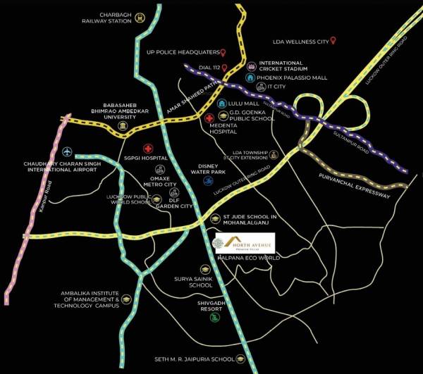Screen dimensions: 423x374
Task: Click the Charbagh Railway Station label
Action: click(106, 16)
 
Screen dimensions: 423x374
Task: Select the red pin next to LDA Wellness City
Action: click(333, 41)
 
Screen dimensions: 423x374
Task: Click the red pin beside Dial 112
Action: click(225, 68)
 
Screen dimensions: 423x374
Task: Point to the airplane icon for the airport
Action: click(68, 151)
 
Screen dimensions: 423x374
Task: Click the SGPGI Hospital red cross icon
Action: click(148, 149)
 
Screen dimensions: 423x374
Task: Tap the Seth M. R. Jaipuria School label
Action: click(195, 359)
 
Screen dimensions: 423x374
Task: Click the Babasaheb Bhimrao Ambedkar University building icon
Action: click(124, 126)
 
